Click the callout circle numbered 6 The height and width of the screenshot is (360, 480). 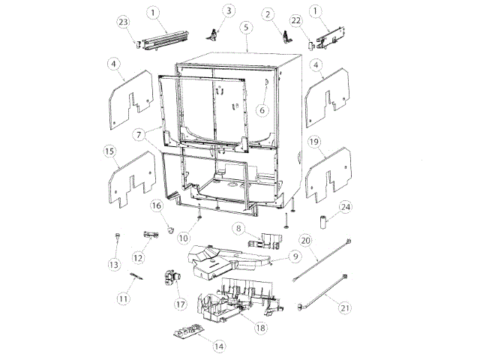pos(262,109)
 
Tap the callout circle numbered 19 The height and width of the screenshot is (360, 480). pos(315,141)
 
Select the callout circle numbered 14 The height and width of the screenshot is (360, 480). pos(219,346)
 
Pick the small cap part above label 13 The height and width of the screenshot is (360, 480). pos(118,238)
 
